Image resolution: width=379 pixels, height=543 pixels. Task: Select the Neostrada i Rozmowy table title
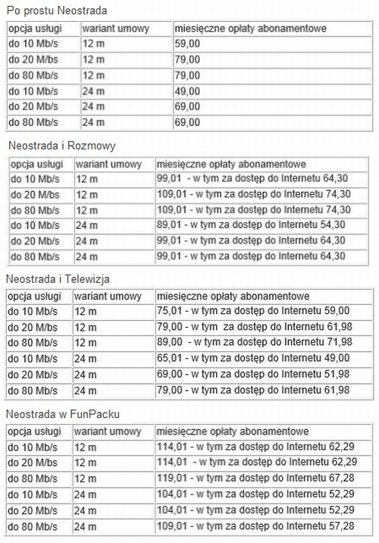[x=61, y=145]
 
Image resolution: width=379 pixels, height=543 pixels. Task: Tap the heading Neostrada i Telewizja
[x=61, y=279]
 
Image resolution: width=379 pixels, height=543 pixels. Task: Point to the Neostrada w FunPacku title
[x=62, y=414]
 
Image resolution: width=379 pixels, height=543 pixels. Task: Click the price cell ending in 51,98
[x=253, y=374]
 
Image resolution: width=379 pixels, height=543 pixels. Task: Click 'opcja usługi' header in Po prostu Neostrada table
[x=34, y=29]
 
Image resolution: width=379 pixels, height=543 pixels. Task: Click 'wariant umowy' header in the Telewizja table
[x=107, y=295]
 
